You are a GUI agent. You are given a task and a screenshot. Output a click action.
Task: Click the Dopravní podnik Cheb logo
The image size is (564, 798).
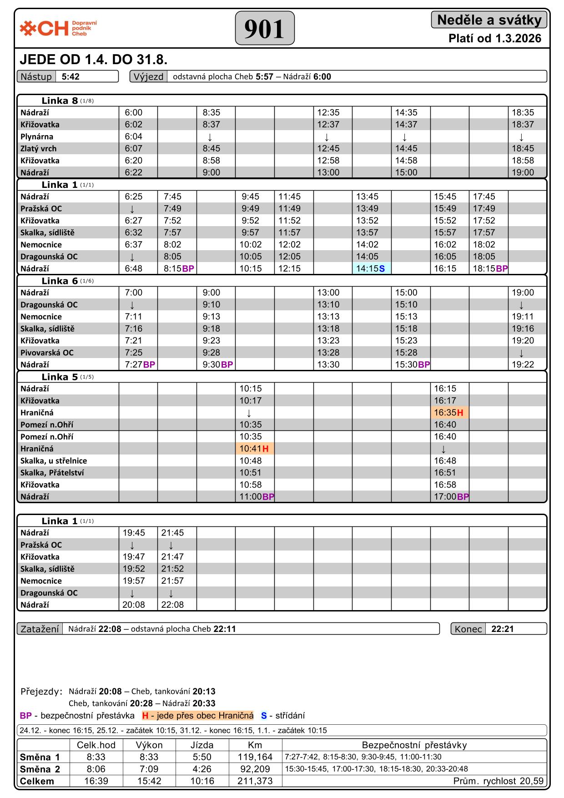point(58,28)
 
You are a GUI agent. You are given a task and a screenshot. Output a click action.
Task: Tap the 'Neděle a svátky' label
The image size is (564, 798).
point(489,20)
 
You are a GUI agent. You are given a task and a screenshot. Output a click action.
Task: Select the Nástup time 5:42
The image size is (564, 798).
point(71,76)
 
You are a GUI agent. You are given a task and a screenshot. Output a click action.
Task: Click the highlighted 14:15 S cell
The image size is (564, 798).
point(371,268)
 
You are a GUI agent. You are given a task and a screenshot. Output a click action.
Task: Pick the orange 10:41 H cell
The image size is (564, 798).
point(254,449)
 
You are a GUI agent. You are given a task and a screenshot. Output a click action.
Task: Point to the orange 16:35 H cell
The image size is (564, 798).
point(449,413)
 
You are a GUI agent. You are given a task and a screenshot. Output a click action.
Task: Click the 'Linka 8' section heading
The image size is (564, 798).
point(60,101)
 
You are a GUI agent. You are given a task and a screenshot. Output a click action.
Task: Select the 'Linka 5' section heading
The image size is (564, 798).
point(60,377)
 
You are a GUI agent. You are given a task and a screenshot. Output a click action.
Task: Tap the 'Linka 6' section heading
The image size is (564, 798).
point(60,281)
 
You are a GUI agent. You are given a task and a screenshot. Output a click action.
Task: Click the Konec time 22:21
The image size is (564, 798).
point(503,629)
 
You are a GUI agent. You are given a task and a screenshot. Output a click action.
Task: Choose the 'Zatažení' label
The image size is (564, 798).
point(40,629)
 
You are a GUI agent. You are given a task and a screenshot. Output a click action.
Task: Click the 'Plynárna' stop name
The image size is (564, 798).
point(37,136)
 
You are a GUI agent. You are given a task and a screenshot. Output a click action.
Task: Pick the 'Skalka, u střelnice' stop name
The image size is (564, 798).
point(54,460)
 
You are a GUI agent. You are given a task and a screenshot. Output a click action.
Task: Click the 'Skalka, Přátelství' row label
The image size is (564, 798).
point(52,473)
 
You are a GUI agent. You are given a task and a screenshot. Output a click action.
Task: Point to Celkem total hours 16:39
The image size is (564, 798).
point(96,781)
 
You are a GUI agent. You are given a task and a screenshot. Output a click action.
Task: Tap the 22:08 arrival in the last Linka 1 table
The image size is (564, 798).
point(172,605)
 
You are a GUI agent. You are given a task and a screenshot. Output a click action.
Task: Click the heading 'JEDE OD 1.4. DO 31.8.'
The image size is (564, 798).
point(94,60)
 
